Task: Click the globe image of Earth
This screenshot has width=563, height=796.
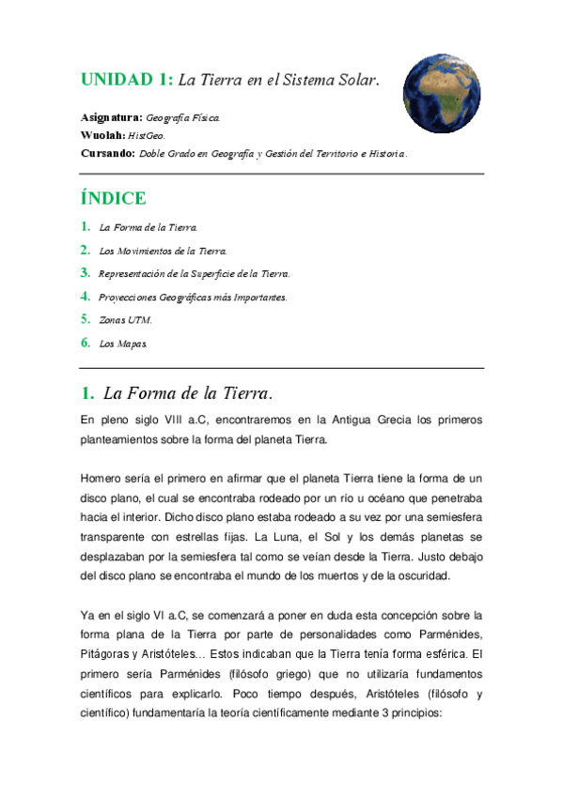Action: (x=443, y=93)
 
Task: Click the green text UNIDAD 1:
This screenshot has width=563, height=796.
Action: (x=125, y=81)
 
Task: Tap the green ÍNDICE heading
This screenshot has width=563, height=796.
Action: (x=113, y=198)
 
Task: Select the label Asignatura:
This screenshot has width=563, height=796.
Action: (x=112, y=118)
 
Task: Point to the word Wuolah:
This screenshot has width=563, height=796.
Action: (x=102, y=135)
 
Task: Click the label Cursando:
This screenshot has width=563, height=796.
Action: (x=107, y=152)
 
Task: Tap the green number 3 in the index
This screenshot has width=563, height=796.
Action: (x=85, y=273)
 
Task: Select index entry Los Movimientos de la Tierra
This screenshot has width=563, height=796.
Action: (x=163, y=251)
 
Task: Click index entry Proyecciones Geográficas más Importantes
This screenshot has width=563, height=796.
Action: (x=193, y=297)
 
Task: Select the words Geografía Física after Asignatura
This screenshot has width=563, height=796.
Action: (x=184, y=118)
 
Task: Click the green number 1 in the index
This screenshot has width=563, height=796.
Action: (x=85, y=227)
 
